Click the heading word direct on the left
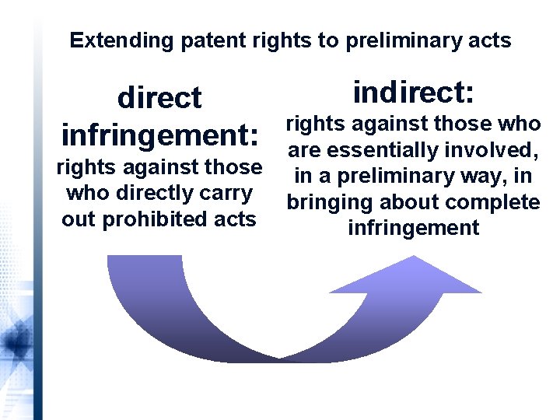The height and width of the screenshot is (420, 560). tap(159, 98)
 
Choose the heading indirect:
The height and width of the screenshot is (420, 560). tap(413, 93)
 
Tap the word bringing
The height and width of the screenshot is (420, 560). tap(327, 202)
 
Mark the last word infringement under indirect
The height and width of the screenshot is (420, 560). tap(414, 228)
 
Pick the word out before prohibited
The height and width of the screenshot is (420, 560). tap(79, 219)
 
